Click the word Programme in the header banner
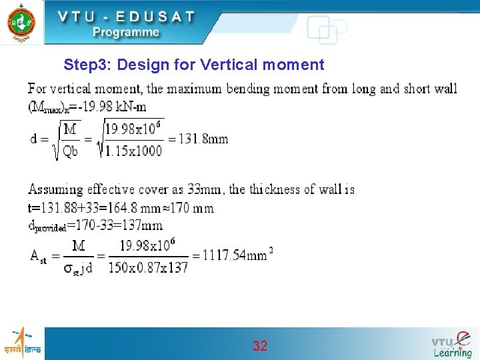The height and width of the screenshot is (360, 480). pyautogui.click(x=126, y=32)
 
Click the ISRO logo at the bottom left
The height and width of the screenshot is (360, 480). pyautogui.click(x=22, y=343)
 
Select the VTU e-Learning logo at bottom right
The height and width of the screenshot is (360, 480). pyautogui.click(x=451, y=344)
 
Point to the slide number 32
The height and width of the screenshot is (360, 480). pyautogui.click(x=260, y=345)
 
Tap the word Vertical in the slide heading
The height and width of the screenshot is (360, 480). pyautogui.click(x=236, y=65)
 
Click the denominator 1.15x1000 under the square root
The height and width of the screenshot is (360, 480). pyautogui.click(x=133, y=151)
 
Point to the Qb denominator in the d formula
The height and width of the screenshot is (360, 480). pyautogui.click(x=70, y=151)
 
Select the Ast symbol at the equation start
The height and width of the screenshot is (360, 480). pyautogui.click(x=38, y=256)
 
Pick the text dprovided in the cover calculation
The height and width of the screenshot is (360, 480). pyautogui.click(x=47, y=227)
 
